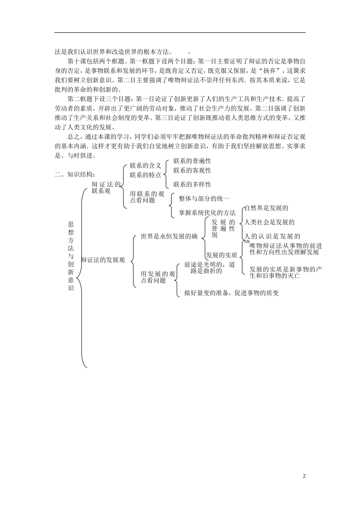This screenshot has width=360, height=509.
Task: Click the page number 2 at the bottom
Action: click(304, 476)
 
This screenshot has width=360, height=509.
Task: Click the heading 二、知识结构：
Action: click(76, 175)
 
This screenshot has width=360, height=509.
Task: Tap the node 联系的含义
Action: click(146, 166)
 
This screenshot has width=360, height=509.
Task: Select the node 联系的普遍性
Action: click(192, 161)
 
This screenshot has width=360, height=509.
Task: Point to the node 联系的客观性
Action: click(192, 170)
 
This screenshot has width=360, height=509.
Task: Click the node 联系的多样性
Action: click(192, 184)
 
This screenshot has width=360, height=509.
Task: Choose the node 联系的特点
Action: click(146, 175)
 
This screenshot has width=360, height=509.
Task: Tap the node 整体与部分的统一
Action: click(204, 198)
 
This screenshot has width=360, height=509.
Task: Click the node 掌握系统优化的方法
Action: click(207, 213)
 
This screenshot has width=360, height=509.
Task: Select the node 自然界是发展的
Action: click(267, 208)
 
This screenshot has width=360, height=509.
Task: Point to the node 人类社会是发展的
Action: click(270, 222)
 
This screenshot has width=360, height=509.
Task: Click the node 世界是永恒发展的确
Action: click(169, 236)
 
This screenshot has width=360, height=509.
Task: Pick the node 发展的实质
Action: click(222, 255)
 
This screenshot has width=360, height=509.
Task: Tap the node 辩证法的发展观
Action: click(103, 260)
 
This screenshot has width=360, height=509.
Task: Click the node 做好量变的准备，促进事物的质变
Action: click(232, 293)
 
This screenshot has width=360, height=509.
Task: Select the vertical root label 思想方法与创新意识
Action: click(71, 256)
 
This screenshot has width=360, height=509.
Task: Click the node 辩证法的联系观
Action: click(106, 188)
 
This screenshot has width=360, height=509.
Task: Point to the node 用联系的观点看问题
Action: click(147, 197)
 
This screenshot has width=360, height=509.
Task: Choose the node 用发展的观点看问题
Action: click(158, 277)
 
